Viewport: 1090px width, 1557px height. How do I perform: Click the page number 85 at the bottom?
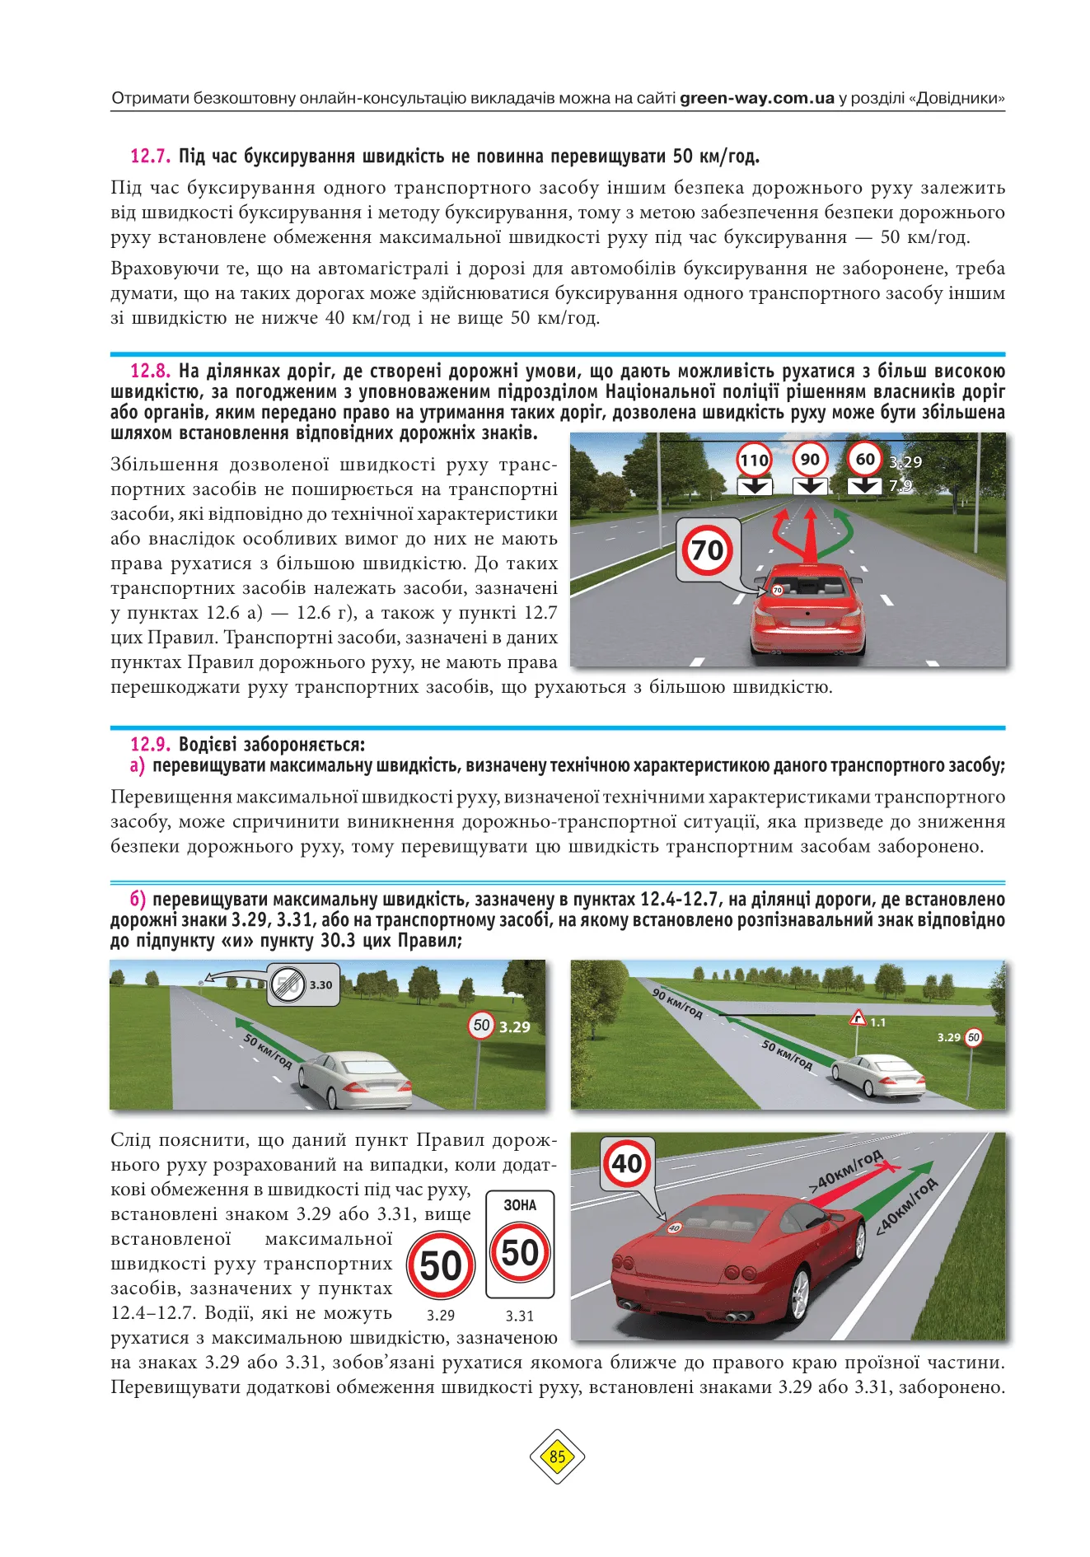557,1456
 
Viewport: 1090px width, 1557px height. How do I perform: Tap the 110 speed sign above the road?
754,460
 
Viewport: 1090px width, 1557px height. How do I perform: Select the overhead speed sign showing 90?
810,460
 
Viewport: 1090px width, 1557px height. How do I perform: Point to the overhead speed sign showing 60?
864,459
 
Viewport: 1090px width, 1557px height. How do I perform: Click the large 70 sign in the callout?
708,549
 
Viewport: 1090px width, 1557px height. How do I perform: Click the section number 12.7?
150,157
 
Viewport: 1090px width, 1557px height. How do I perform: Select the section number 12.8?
150,372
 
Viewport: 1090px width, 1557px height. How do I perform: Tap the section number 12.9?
150,745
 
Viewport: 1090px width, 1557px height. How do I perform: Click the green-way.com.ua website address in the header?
757,99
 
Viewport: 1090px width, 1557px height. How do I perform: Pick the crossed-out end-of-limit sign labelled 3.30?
288,984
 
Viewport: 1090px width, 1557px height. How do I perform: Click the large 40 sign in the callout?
627,1163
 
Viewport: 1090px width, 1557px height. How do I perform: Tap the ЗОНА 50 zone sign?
520,1244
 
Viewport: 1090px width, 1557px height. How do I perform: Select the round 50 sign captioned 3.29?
441,1265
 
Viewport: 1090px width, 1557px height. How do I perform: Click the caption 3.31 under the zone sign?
520,1316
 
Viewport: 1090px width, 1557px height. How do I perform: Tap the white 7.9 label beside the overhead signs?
901,486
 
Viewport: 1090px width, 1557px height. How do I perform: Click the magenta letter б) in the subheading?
138,900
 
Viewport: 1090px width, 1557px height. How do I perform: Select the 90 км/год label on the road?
677,1003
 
